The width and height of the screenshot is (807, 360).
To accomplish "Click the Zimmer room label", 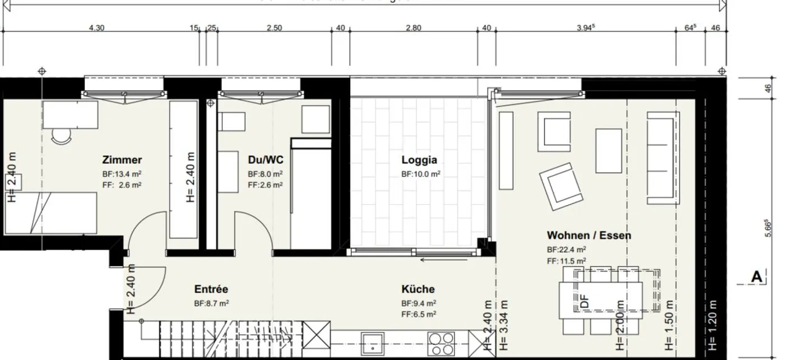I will (122, 160).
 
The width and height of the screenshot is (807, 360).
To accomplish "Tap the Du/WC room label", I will (265, 160).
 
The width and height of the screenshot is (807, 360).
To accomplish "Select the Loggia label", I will (419, 160).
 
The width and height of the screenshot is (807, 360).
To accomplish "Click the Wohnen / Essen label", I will (588, 235).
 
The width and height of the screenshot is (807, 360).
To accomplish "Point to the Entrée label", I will (211, 289).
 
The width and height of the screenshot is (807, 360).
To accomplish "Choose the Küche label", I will (418, 289).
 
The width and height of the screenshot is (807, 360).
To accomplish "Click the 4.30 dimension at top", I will (96, 28).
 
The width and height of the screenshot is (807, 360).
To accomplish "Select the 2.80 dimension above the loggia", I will (413, 28).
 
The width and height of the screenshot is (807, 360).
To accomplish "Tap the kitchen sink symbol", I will (372, 342).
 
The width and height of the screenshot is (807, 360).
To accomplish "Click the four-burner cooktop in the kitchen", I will (442, 341).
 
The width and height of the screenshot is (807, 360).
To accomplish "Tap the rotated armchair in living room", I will (562, 185).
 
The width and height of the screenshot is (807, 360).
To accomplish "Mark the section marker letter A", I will (757, 276).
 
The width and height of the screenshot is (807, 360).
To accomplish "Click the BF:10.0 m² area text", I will (420, 174).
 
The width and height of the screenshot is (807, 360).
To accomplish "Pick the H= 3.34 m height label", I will (504, 325).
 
